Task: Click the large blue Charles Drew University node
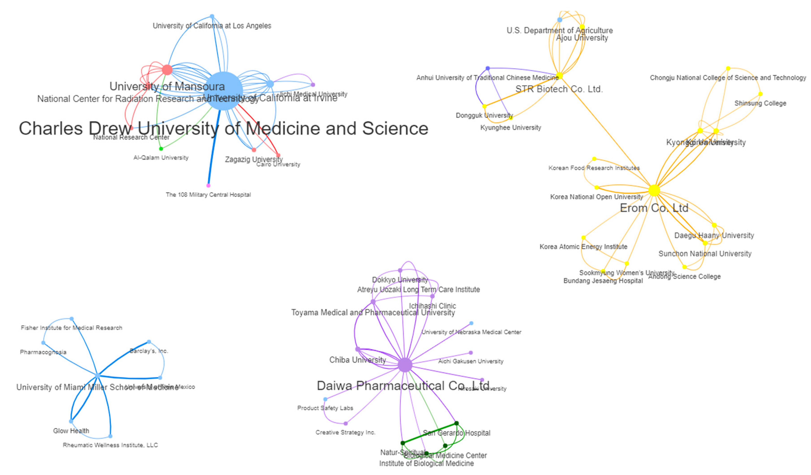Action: [x=223, y=91]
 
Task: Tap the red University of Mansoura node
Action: [x=167, y=69]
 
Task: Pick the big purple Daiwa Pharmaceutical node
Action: [x=405, y=365]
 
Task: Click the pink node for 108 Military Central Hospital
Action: [x=208, y=186]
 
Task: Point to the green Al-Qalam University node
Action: [x=161, y=149]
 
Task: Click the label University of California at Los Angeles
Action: [x=212, y=26]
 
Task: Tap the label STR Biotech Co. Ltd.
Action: [x=559, y=89]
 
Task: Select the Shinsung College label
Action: [x=760, y=103]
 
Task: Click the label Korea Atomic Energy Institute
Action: [x=583, y=247]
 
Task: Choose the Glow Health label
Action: [x=71, y=431]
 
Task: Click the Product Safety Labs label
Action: [x=325, y=408]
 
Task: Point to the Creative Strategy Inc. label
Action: [x=345, y=432]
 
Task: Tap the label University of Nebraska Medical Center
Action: [x=471, y=332]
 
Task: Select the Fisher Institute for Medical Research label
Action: [x=71, y=328]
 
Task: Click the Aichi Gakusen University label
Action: [x=470, y=361]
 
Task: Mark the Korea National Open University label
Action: [x=596, y=197]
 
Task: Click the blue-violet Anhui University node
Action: [x=488, y=68]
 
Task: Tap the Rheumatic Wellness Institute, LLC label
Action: [x=110, y=445]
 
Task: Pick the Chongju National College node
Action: [x=728, y=68]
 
